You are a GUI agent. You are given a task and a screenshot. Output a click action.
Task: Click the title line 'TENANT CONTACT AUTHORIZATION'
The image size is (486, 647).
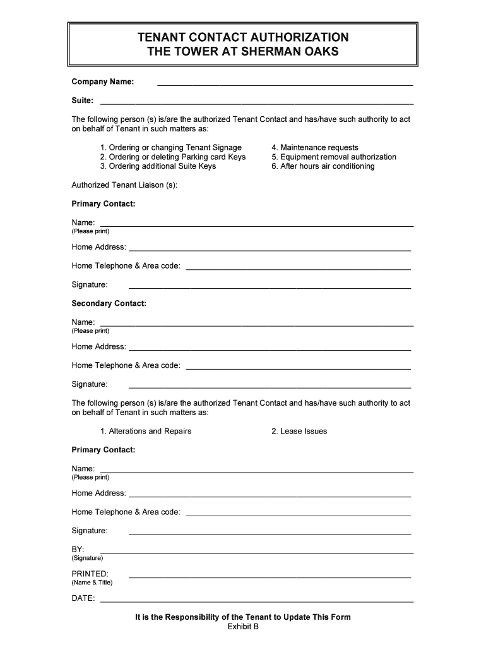243,37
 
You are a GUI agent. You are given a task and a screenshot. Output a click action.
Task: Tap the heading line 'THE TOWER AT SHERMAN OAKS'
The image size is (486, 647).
243,51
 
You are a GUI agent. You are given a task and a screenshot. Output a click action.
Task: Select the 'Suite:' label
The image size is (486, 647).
83,100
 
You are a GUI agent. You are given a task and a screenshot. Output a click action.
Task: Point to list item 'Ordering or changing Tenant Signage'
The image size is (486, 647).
170,147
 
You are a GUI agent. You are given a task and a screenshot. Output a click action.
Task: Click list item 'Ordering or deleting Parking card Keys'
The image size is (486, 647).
172,157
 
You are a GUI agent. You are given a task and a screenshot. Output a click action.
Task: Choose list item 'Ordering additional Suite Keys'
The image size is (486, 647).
158,166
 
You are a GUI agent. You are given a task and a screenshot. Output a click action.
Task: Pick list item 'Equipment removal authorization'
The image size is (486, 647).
334,157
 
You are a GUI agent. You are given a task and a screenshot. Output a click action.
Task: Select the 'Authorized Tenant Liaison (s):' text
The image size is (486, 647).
124,185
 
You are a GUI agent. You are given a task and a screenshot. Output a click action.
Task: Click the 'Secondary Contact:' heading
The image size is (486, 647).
109,303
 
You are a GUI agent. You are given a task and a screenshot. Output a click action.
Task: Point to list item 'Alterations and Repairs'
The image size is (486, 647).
145,431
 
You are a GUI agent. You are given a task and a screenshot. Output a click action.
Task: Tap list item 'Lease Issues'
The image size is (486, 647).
299,431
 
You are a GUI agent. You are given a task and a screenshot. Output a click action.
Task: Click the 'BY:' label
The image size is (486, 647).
78,549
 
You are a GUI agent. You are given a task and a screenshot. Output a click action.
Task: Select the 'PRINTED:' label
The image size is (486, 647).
90,574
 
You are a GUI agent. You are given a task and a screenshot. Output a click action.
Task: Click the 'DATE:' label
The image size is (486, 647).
83,598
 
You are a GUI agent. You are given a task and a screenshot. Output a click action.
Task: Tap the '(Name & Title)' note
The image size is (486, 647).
92,583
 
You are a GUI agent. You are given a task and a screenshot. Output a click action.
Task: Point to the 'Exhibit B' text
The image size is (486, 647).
243,626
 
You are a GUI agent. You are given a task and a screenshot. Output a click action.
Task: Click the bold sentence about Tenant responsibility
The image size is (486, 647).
243,617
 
